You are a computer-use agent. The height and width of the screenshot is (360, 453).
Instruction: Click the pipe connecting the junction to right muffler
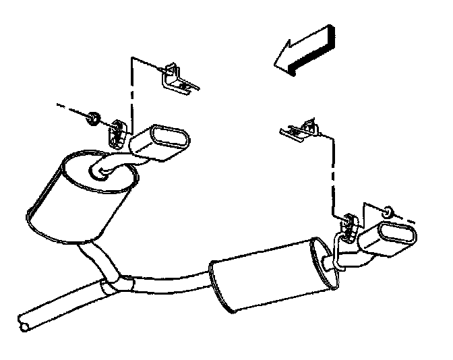click(x=169, y=284)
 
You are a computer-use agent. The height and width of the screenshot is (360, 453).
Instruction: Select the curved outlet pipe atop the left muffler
click(x=115, y=164)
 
